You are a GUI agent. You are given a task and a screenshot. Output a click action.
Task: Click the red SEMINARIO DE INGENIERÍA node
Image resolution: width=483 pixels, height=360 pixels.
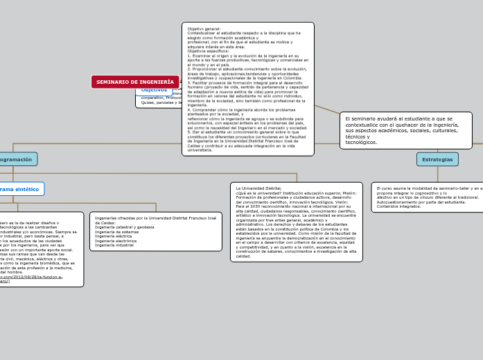point(135,82)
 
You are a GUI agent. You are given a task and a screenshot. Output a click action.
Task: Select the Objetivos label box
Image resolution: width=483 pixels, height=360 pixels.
point(154,90)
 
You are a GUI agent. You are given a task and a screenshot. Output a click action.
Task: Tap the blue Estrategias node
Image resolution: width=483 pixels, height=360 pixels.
point(437,159)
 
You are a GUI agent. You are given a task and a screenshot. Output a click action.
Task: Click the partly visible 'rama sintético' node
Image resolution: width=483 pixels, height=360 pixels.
point(21,189)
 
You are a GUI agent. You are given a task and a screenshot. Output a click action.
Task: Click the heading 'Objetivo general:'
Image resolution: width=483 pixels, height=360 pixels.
point(204,28)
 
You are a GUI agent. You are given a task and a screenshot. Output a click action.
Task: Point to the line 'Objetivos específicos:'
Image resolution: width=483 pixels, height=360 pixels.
point(208,51)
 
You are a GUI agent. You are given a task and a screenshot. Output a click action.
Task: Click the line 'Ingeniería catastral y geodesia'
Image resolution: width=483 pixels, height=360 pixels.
point(125,227)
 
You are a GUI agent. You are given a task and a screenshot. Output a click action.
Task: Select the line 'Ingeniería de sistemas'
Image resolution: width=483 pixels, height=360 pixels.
point(117,231)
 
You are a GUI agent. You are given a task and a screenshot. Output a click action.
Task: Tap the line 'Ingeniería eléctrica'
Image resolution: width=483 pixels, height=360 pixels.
point(114,236)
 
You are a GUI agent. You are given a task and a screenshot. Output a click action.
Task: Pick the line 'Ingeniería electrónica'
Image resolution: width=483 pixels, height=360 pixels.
point(116,240)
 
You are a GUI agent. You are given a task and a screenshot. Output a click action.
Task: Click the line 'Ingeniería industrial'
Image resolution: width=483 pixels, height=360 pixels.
point(114,245)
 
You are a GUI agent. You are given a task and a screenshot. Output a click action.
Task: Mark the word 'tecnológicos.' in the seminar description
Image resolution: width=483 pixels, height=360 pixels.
point(362,142)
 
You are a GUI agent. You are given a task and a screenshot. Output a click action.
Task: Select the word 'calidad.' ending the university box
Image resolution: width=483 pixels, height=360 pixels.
point(244,255)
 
